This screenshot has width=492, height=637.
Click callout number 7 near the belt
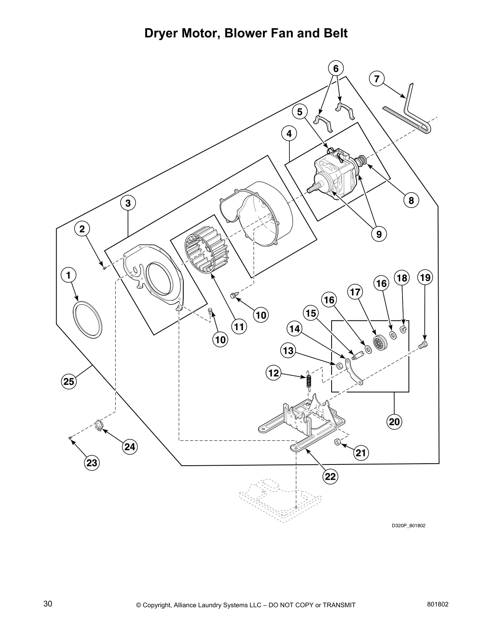(377, 79)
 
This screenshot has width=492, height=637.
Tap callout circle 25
(69, 381)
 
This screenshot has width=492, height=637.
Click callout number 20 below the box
(394, 421)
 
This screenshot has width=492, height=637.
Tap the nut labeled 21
(338, 442)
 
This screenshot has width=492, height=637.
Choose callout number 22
(330, 476)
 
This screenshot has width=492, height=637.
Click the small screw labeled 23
(70, 438)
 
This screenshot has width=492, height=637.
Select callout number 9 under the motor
(379, 233)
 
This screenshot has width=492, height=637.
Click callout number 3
(128, 203)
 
